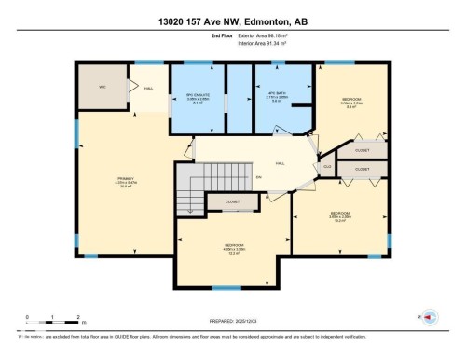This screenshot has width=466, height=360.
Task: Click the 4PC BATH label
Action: (276, 100)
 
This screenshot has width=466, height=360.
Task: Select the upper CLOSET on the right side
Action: (363, 149)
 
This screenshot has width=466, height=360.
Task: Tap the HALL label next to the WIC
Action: (148, 89)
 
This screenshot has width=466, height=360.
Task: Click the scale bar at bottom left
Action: (53, 323)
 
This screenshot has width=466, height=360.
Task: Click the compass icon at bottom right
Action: (431, 317)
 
